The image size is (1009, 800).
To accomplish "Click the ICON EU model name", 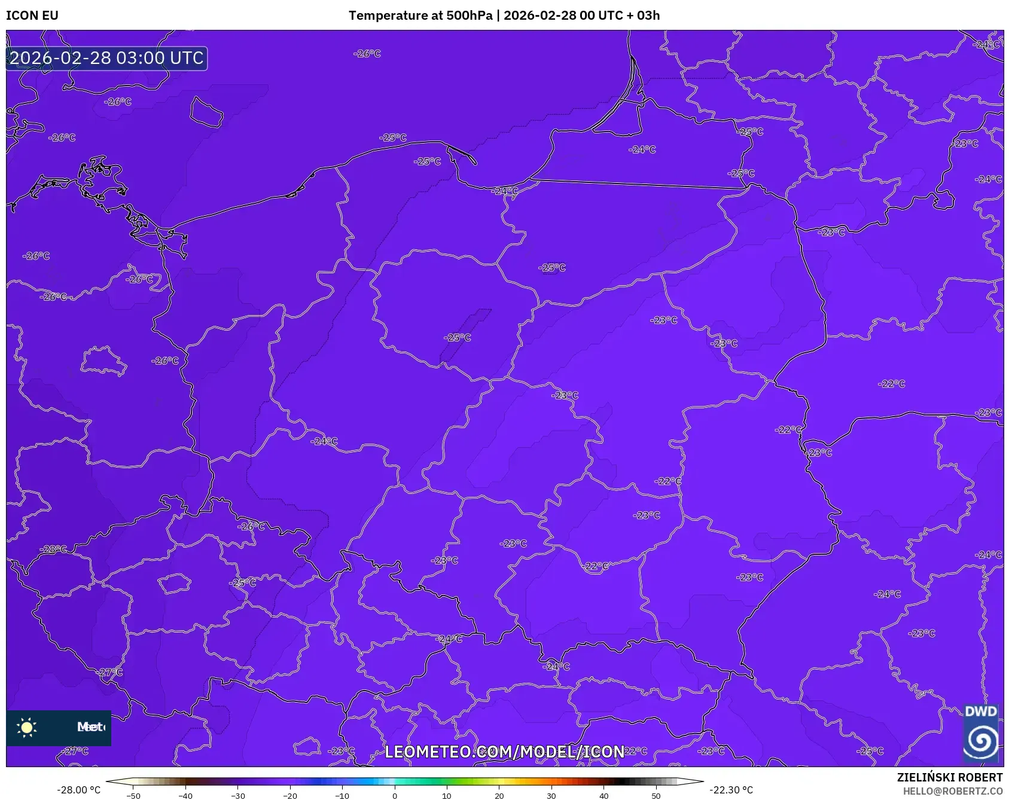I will (32, 16).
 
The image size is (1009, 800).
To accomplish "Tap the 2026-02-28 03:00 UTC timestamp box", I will (106, 58).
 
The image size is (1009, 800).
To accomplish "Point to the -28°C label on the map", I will (53, 549).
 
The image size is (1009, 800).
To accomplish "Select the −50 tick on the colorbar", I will (133, 795).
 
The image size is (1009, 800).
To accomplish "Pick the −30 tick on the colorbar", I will (237, 795).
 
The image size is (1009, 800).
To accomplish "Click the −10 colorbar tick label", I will (342, 795).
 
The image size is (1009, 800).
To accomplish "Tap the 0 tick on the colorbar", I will (394, 795).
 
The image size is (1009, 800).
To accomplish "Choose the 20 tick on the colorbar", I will (499, 795).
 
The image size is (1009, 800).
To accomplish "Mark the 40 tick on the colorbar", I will (603, 795).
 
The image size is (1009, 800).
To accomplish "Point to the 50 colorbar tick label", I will (656, 795).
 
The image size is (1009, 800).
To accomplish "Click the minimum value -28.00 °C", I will (78, 790).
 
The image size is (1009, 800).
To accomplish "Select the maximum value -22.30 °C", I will (731, 790).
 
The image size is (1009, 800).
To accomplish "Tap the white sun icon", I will (27, 727).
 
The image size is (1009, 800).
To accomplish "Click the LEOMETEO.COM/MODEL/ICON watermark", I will (504, 752).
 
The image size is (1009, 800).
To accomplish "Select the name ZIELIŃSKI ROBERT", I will (949, 777).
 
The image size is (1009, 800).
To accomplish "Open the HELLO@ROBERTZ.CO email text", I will (952, 791).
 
